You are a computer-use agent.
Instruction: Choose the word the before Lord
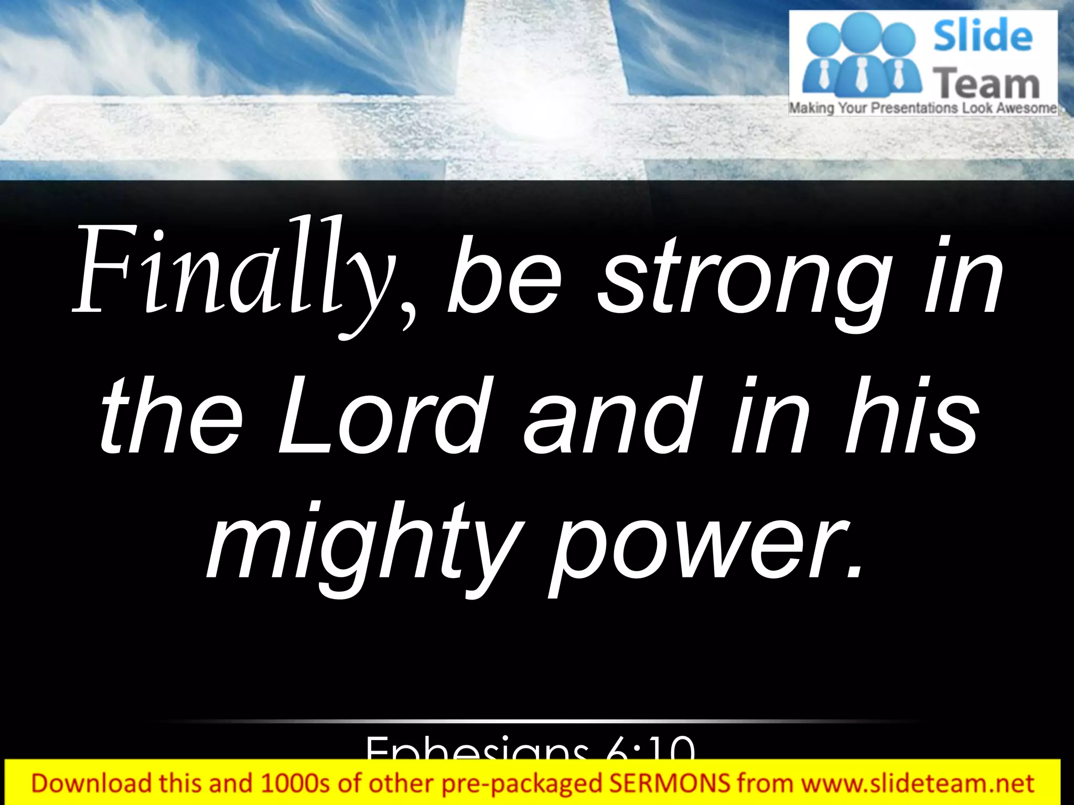point(170,417)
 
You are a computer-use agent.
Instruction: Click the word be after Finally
point(503,280)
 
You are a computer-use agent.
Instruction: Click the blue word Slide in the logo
point(982,36)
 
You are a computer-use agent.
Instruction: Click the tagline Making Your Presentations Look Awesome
point(923,108)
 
